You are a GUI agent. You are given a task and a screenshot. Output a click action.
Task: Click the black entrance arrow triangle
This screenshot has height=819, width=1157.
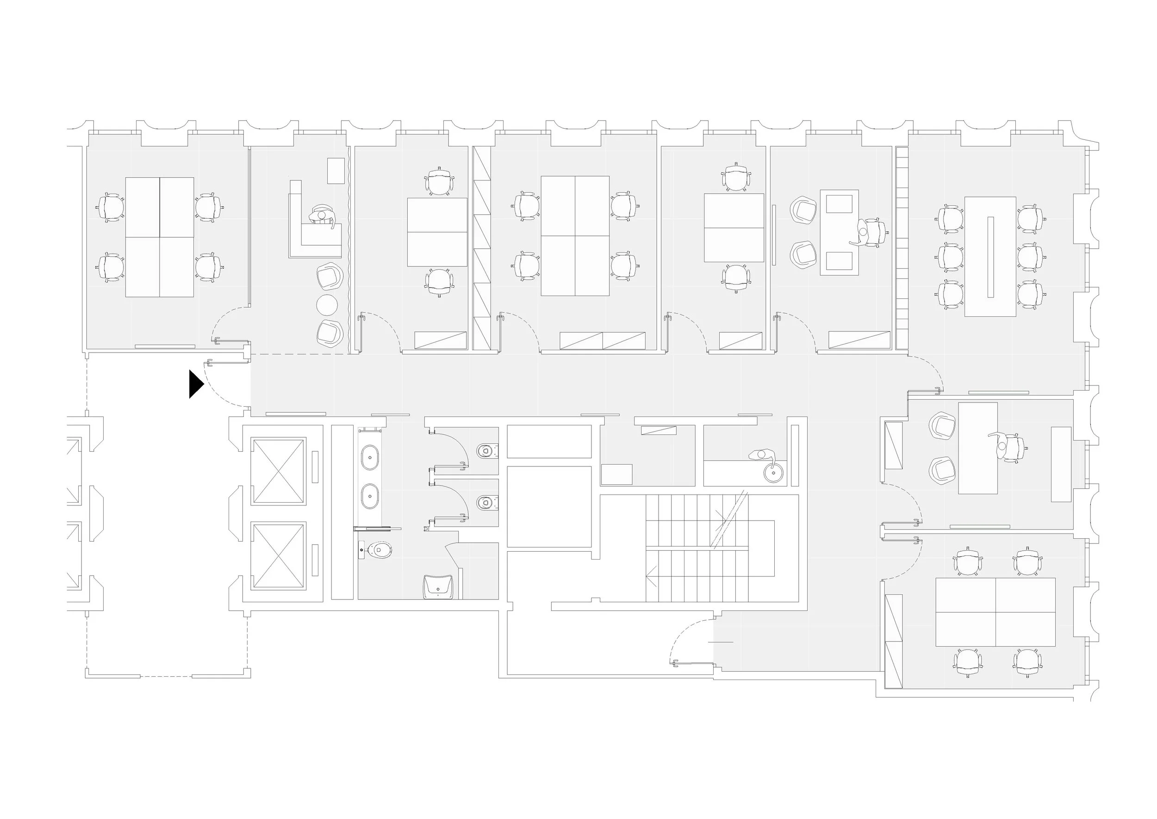coord(195,384)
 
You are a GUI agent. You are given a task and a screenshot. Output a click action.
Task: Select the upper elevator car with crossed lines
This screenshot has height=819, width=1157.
coord(279,471)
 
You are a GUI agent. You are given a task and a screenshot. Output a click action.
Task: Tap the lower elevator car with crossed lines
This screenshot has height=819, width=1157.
coord(279,555)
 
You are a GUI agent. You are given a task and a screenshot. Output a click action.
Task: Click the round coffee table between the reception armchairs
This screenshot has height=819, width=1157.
coord(327,305)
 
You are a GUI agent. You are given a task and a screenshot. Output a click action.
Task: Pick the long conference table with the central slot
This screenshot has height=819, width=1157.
coord(990,257)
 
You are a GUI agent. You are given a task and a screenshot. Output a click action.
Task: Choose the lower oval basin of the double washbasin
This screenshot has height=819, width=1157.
coord(370,496)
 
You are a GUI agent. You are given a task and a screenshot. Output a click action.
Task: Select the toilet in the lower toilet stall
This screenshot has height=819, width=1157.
coord(486,502)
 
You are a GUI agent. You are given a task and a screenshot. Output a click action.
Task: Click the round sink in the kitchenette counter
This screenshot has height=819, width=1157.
coord(773,473)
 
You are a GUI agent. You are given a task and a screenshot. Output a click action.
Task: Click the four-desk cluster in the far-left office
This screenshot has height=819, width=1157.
coord(160,237)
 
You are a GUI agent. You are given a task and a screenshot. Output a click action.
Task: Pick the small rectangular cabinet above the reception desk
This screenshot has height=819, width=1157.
coord(336,170)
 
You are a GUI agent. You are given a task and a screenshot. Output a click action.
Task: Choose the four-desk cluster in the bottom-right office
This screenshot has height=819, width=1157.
coord(995,612)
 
